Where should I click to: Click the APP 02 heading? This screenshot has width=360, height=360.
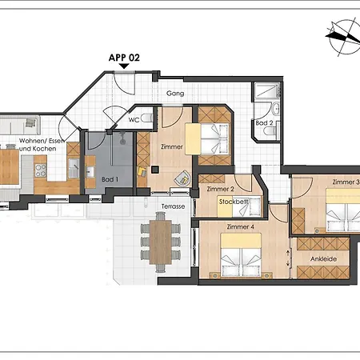[124, 58]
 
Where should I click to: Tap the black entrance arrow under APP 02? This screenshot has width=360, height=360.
[124, 66]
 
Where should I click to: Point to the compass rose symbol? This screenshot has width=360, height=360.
[343, 37]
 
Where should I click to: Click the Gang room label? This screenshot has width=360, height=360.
[175, 94]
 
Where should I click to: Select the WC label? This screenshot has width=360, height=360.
[134, 120]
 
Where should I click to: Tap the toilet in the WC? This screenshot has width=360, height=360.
[146, 118]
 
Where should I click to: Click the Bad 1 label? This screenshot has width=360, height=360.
[110, 179]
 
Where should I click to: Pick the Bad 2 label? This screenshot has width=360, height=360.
[264, 123]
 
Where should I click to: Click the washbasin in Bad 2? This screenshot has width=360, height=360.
[276, 109]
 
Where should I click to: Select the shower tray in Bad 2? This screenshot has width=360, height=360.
[267, 91]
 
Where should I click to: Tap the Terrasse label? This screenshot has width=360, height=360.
[173, 206]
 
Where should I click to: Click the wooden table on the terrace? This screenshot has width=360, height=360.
[160, 242]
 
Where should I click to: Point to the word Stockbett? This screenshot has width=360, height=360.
[234, 202]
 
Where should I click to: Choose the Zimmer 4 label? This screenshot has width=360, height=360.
[240, 227]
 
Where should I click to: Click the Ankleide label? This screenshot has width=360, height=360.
[323, 259]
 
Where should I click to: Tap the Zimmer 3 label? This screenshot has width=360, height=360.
[346, 182]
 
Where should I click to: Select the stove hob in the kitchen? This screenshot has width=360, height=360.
[41, 170]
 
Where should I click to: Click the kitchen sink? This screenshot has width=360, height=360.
[74, 168]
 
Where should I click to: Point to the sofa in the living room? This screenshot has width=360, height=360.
[20, 125]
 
